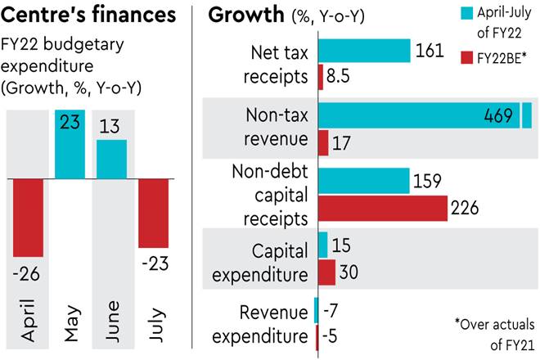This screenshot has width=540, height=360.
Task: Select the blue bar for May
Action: pyautogui.click(x=70, y=144)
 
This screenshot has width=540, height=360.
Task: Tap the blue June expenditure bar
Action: pyautogui.click(x=111, y=159)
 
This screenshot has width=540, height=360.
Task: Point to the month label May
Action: pyautogui.click(x=70, y=321)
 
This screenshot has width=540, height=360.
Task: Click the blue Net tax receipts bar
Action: pyautogui.click(x=363, y=51)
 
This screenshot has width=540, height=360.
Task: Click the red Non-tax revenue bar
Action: pyautogui.click(x=322, y=142)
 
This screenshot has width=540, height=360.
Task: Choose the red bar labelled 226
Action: pyautogui.click(x=380, y=208)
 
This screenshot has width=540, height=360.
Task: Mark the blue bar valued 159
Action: pyautogui.click(x=362, y=181)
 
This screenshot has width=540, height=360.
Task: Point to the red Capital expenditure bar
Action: pyautogui.click(x=326, y=272)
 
